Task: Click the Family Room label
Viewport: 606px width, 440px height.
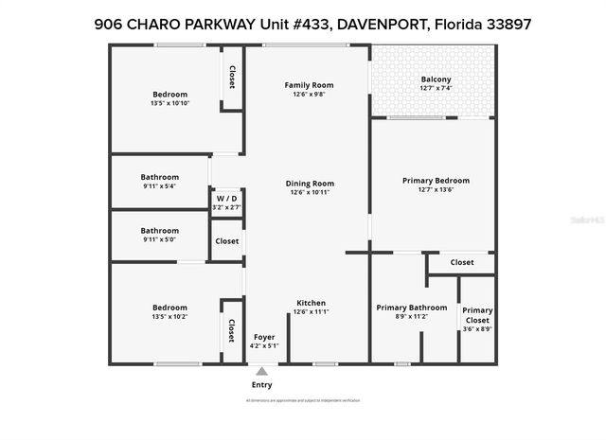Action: pyautogui.click(x=309, y=85)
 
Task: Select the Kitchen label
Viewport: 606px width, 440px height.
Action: pyautogui.click(x=311, y=303)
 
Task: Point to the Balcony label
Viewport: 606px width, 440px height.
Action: pyautogui.click(x=436, y=79)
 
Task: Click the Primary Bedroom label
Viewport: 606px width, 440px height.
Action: pyautogui.click(x=436, y=181)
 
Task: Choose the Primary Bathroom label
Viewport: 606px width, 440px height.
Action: pyautogui.click(x=411, y=308)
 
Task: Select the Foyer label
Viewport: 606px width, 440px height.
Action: pyautogui.click(x=263, y=337)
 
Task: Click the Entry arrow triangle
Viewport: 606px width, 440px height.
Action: pyautogui.click(x=261, y=371)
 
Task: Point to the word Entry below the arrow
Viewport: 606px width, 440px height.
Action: pyautogui.click(x=261, y=385)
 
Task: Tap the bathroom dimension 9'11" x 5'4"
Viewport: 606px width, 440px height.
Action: pyautogui.click(x=159, y=186)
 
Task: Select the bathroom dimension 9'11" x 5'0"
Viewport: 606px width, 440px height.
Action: pyautogui.click(x=159, y=240)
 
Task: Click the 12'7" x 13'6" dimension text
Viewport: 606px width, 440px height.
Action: pyautogui.click(x=436, y=190)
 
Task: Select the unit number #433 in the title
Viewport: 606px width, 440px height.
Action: pyautogui.click(x=306, y=26)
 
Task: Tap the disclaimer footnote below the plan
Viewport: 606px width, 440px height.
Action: pyautogui.click(x=303, y=401)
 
